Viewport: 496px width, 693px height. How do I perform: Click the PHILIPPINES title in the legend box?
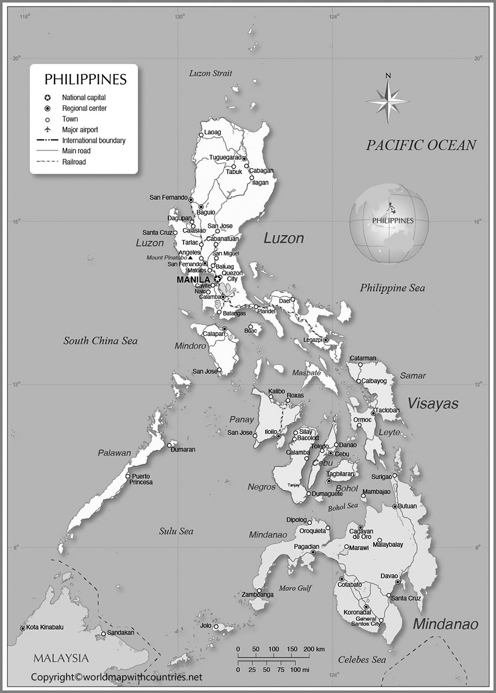[85, 79]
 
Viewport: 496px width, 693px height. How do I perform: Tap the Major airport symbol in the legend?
[48, 129]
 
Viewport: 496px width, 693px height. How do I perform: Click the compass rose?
[388, 100]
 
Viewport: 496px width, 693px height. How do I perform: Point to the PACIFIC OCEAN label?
[421, 145]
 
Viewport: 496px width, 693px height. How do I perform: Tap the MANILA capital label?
[193, 280]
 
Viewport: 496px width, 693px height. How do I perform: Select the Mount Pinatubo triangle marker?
[190, 257]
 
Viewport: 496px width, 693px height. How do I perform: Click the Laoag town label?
[212, 133]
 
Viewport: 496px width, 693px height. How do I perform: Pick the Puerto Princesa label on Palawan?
[141, 479]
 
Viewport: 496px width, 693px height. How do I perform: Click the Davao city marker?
[397, 582]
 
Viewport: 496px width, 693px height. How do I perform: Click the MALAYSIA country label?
[61, 658]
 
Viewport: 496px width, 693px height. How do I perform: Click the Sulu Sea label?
[176, 531]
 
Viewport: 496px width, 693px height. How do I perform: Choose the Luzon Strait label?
[211, 73]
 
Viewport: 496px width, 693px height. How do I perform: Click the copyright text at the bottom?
[116, 676]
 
